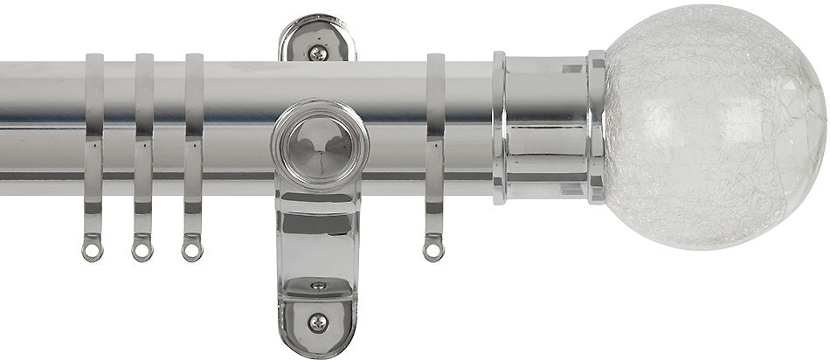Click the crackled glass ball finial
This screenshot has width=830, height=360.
pyautogui.click(x=713, y=128)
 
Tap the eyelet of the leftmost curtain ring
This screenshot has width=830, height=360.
pyautogui.click(x=92, y=250)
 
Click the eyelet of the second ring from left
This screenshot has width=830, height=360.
pyautogui.click(x=142, y=251)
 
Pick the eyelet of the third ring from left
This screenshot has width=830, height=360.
pyautogui.click(x=190, y=251)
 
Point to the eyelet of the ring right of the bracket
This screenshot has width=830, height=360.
pyautogui.click(x=432, y=251)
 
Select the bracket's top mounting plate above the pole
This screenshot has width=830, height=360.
pyautogui.click(x=318, y=39)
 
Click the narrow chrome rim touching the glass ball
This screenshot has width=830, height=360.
pyautogui.click(x=597, y=127)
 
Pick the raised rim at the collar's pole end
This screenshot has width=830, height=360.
pyautogui.click(x=499, y=127)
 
